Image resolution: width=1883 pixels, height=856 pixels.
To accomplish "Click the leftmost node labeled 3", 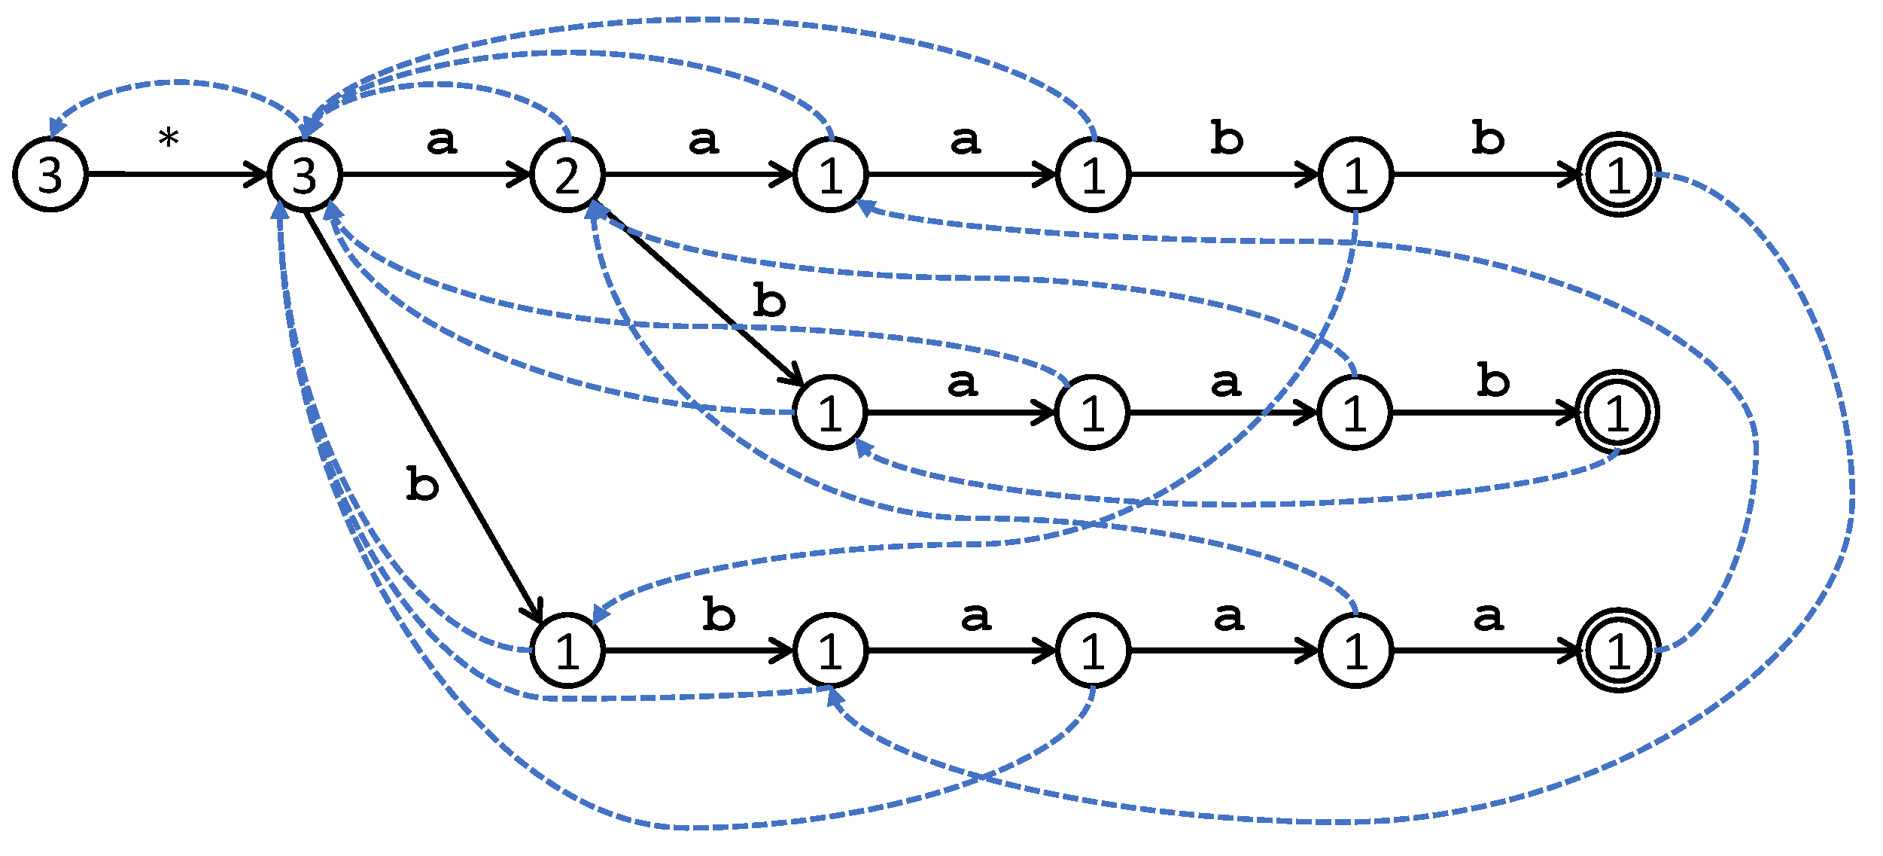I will click(x=50, y=175).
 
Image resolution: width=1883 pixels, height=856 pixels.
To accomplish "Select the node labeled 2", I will click(x=567, y=175).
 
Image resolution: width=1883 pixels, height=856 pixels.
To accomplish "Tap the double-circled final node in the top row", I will click(x=1618, y=175).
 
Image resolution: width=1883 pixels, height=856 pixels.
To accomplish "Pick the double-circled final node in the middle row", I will click(x=1617, y=413).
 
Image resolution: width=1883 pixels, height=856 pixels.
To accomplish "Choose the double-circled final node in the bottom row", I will click(x=1618, y=650).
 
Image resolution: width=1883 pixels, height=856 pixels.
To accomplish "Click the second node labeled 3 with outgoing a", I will click(x=305, y=175).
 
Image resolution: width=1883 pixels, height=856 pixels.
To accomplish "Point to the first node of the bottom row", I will click(x=567, y=650).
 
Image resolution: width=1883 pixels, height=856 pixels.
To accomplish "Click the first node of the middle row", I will click(x=830, y=413).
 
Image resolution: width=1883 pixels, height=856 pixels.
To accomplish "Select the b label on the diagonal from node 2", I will click(x=769, y=301).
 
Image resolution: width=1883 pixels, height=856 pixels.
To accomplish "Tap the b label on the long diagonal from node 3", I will click(x=422, y=483).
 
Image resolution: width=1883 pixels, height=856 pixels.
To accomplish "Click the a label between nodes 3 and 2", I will click(x=442, y=141).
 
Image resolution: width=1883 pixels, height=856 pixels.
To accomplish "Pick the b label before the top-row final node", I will click(x=1488, y=138).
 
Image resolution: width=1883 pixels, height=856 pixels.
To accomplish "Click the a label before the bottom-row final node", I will click(x=1488, y=617).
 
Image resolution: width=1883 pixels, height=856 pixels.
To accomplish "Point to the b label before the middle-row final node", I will click(x=1493, y=380).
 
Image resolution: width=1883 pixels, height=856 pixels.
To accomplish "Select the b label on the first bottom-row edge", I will click(x=719, y=614).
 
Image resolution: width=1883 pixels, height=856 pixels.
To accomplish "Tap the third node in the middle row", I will click(x=1355, y=413).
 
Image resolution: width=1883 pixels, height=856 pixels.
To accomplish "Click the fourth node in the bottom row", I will click(x=1355, y=650).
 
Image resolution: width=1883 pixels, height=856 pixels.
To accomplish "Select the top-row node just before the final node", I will click(x=1355, y=175).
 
